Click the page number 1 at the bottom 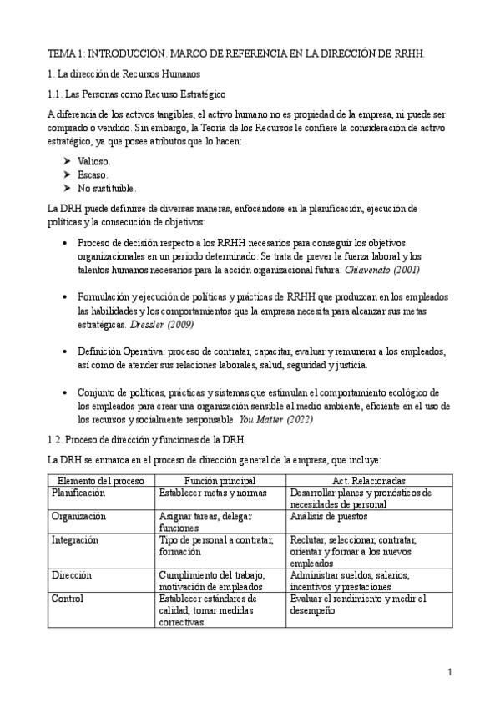[x=449, y=671]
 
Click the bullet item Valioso [x=93, y=160]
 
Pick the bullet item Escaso [x=93, y=174]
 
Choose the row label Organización [x=78, y=517]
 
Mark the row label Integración [x=75, y=540]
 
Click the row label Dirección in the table [x=72, y=575]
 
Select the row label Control [x=68, y=599]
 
